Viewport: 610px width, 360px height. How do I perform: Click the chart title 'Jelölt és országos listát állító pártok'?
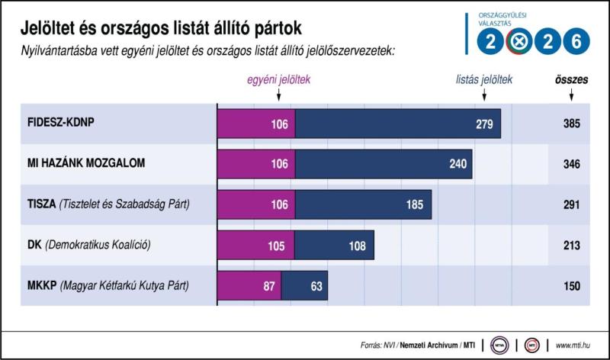pyautogui.click(x=162, y=28)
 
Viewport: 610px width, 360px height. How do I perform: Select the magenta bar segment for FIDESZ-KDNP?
pyautogui.click(x=256, y=124)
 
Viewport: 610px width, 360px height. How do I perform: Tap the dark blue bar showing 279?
pyautogui.click(x=397, y=124)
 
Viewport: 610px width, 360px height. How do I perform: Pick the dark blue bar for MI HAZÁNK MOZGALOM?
pyautogui.click(x=384, y=164)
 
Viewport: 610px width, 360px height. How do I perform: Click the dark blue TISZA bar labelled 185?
pyautogui.click(x=363, y=204)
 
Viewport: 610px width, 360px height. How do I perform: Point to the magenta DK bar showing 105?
pyautogui.click(x=255, y=246)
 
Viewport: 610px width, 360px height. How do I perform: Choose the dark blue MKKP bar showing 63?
pyautogui.click(x=304, y=286)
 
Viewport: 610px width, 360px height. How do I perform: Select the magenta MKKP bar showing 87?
pyautogui.click(x=249, y=286)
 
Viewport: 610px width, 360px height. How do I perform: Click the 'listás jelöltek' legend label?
pyautogui.click(x=484, y=79)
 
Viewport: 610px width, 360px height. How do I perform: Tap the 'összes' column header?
pyautogui.click(x=570, y=79)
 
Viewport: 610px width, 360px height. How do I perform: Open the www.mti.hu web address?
pyautogui.click(x=576, y=342)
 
